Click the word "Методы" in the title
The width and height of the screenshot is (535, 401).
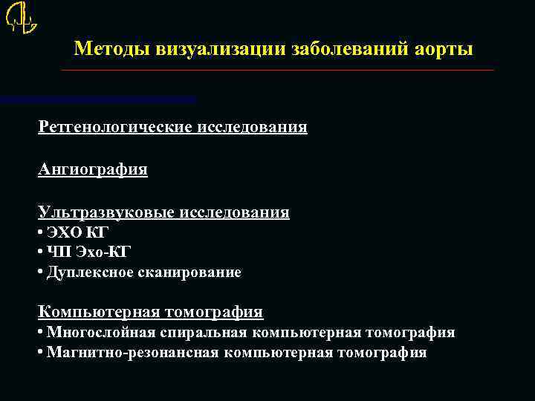tap(114, 49)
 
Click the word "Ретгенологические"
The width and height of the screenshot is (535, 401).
tap(115, 127)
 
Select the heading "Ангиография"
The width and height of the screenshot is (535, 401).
tap(93, 169)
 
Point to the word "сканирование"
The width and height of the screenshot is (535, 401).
tap(196, 273)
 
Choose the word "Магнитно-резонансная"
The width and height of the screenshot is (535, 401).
tap(132, 353)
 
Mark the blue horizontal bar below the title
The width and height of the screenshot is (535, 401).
tap(98, 98)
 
